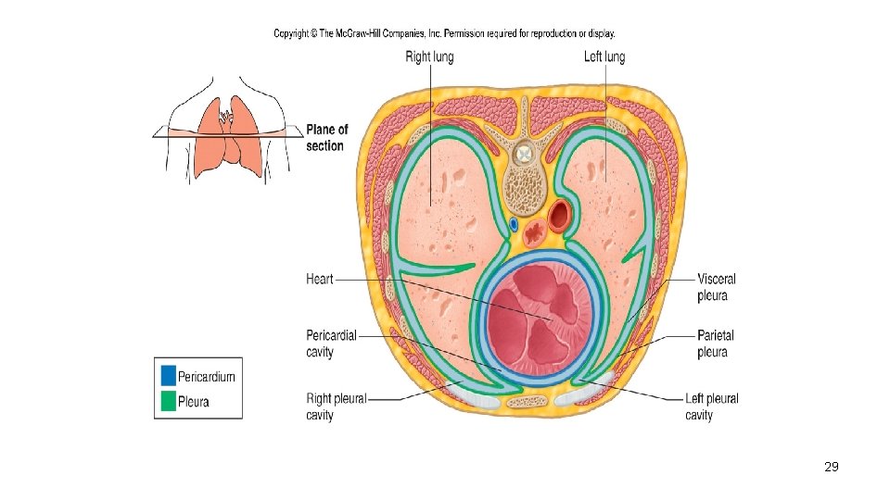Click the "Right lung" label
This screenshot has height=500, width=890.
(429, 57)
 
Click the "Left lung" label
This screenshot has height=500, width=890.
(604, 57)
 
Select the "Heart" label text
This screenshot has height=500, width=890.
(319, 279)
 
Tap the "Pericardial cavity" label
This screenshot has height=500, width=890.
(331, 344)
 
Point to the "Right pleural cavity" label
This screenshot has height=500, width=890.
(336, 406)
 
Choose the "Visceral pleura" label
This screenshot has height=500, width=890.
(717, 287)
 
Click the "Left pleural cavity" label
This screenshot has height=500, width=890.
(712, 406)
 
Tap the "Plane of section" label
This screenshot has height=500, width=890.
(326, 137)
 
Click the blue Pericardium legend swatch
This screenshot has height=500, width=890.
(168, 376)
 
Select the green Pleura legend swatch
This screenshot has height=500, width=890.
(168, 402)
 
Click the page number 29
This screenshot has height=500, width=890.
(832, 468)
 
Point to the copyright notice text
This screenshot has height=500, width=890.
(444, 34)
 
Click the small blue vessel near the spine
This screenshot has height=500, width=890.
(513, 224)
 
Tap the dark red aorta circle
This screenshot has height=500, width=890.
(560, 217)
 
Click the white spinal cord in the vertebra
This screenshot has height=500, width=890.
(526, 152)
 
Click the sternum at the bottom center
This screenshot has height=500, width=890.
(528, 402)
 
